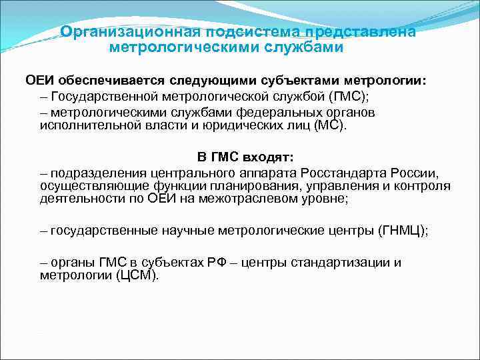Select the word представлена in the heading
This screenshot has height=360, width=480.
tap(359, 32)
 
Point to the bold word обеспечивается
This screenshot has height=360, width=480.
tap(109, 81)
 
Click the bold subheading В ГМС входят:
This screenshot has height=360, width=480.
tap(245, 157)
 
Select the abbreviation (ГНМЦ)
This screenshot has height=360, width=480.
tap(402, 231)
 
